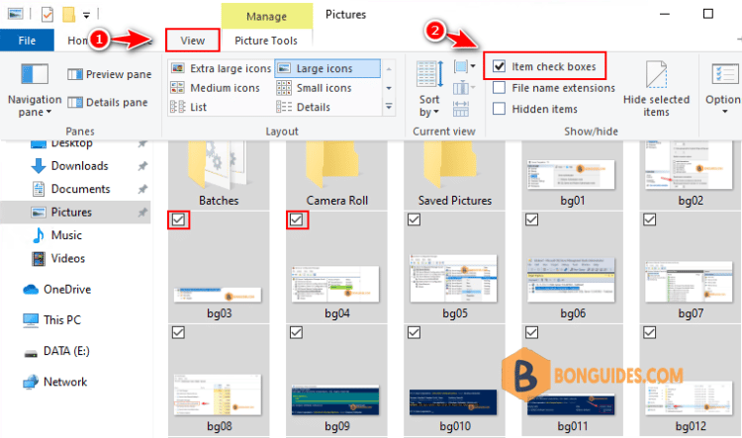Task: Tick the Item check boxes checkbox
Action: coord(500,66)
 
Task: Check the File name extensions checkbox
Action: coord(500,88)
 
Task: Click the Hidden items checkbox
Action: coord(500,109)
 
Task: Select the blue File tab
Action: coord(27,41)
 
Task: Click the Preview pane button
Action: coord(109,74)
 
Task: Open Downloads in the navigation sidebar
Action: coord(79,166)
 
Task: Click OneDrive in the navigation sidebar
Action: coord(67,290)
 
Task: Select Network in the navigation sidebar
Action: coord(64,382)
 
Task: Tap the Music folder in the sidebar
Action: coord(66,235)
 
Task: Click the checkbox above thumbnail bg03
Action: coord(179,219)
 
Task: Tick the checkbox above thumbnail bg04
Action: coord(297,219)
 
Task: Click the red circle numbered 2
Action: coord(435,31)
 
